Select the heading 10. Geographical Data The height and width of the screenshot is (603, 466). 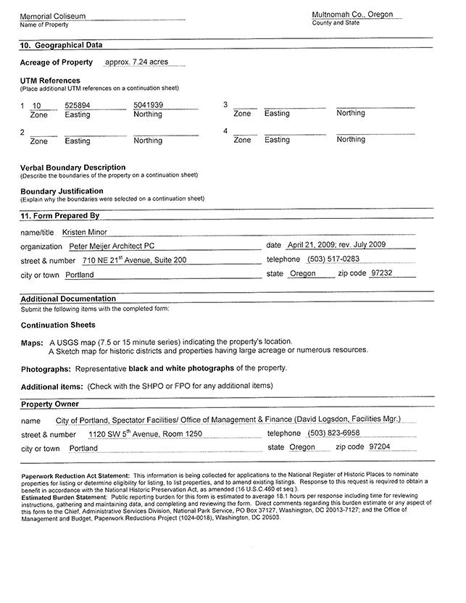tap(61, 45)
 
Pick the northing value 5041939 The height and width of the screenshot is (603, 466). tap(149, 106)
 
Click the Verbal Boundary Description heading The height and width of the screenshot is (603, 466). tap(72, 167)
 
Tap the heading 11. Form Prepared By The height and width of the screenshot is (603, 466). tap(59, 215)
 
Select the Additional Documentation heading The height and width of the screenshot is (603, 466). tap(68, 299)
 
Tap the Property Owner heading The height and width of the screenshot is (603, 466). tap(49, 404)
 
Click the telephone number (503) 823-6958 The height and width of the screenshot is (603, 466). tap(333, 433)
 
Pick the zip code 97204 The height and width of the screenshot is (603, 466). tap(379, 447)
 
